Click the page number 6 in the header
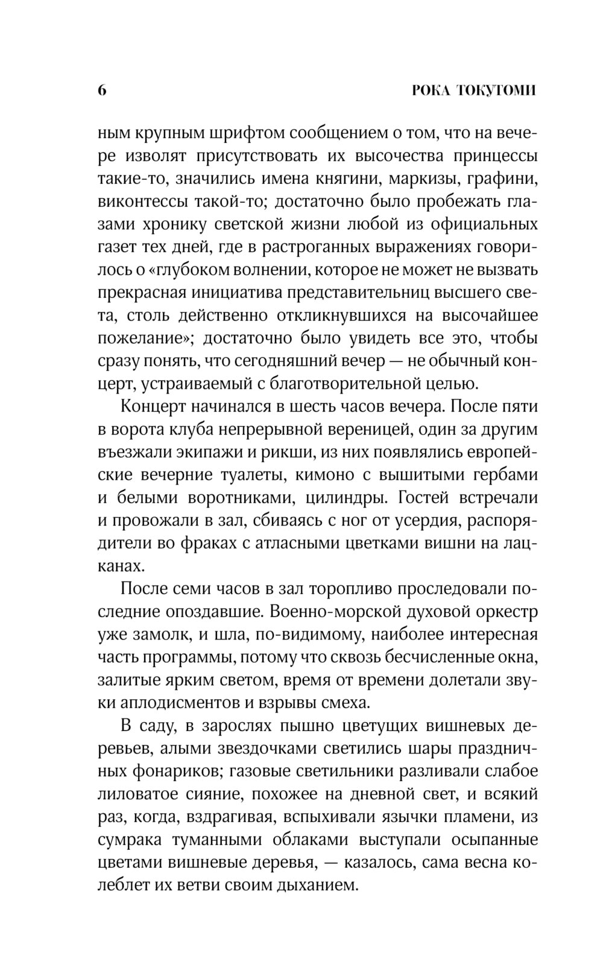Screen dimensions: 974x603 [x=101, y=90]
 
